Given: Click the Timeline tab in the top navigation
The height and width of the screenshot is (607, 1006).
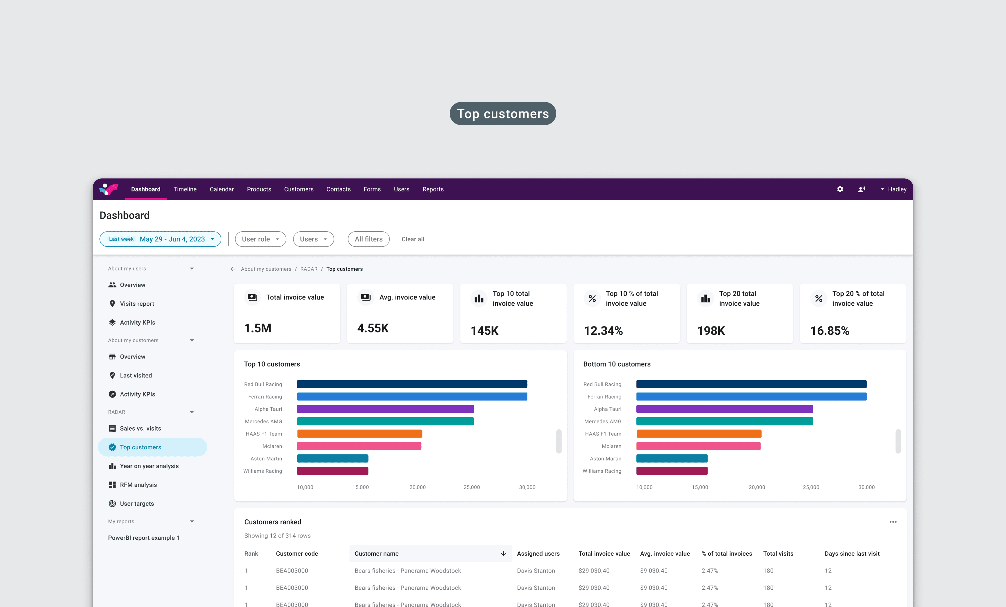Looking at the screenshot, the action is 185,189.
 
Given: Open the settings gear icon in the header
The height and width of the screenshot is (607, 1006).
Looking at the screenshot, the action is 840,189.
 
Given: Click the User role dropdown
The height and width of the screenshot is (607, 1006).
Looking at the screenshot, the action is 260,239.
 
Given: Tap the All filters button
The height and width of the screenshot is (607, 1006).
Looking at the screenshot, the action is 369,239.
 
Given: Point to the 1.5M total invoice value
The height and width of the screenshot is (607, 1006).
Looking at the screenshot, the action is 258,328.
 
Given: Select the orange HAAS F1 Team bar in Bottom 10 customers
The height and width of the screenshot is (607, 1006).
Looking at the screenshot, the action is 699,434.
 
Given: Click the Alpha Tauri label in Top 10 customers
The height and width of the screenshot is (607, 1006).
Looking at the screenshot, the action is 268,409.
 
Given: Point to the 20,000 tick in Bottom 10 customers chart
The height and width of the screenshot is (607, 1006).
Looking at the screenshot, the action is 757,487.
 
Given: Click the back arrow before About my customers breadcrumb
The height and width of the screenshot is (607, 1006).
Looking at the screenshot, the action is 233,269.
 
